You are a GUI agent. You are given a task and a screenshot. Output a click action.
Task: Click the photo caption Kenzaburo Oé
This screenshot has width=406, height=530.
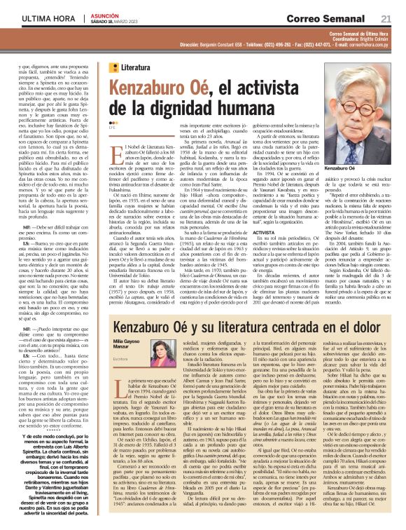[349, 170]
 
